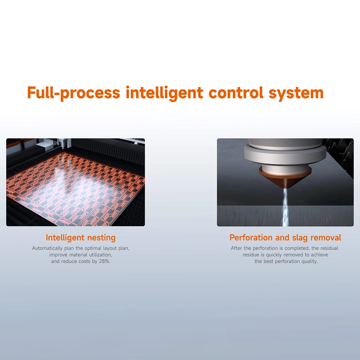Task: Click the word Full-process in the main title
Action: pyautogui.click(x=73, y=93)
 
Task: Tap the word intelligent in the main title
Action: pyautogui.click(x=165, y=93)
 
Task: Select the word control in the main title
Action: pyautogui.click(x=236, y=93)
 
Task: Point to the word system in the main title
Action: pyautogui.click(x=296, y=94)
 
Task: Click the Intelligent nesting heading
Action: pyautogui.click(x=81, y=238)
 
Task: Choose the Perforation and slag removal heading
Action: pyautogui.click(x=285, y=238)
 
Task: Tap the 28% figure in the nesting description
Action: pyautogui.click(x=104, y=261)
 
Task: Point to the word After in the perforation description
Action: pyautogui.click(x=235, y=248)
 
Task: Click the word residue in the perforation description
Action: pyautogui.click(x=251, y=255)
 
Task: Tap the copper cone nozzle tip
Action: pyautogui.click(x=285, y=180)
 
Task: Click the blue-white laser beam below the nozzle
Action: pyautogui.click(x=285, y=207)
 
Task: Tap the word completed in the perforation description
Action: pyautogui.click(x=296, y=248)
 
